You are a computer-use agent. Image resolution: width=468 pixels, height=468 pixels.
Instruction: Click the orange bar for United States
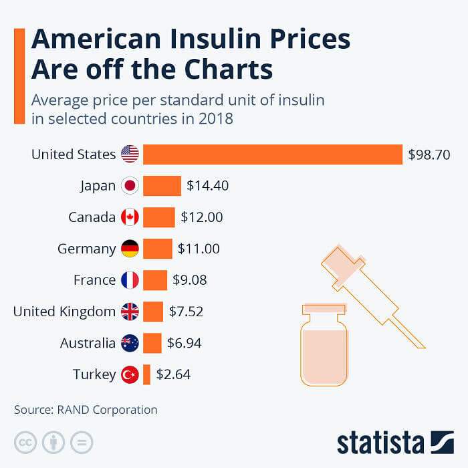tap(273, 154)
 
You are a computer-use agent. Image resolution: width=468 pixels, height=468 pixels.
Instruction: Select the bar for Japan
tap(162, 186)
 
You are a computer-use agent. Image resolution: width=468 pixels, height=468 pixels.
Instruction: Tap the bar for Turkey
tap(146, 374)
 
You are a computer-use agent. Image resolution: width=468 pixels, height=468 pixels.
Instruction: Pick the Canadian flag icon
tap(130, 217)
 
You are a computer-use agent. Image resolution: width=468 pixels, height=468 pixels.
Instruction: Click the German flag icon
tap(130, 249)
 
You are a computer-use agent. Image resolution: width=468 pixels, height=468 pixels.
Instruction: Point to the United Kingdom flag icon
tap(130, 312)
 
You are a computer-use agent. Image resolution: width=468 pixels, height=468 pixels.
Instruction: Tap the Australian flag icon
tap(130, 343)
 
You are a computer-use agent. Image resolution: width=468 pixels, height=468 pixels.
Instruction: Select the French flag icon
tap(130, 280)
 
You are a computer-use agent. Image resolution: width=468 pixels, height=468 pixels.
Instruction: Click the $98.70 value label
tap(429, 155)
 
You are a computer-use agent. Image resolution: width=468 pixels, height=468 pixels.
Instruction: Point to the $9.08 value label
tap(189, 280)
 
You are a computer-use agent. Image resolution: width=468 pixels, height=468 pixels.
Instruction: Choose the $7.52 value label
tap(186, 312)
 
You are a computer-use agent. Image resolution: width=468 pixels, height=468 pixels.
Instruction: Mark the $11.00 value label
tap(199, 249)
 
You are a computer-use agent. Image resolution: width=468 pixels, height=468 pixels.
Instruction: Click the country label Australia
tap(88, 343)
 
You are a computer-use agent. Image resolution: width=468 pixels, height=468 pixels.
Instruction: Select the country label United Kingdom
tap(64, 312)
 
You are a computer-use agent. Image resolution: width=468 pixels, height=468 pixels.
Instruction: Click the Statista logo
tap(394, 442)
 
